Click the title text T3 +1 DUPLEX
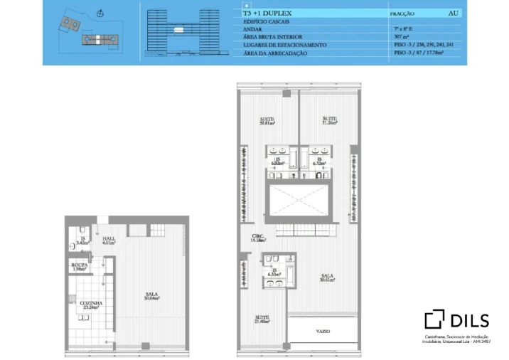[x=267, y=14]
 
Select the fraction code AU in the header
[x=453, y=14]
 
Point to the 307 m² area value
[x=400, y=37]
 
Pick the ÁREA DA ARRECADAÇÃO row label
[x=275, y=53]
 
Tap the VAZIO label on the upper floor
[x=323, y=331]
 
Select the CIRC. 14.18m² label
[x=258, y=238]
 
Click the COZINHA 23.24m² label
[x=91, y=305]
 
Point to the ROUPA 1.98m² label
[x=79, y=267]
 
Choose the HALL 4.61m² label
[x=108, y=240]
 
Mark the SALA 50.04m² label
[x=151, y=296]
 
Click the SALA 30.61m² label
[x=328, y=277]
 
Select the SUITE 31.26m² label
[x=329, y=120]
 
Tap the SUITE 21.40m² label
[x=262, y=319]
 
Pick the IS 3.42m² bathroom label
[x=82, y=240]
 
